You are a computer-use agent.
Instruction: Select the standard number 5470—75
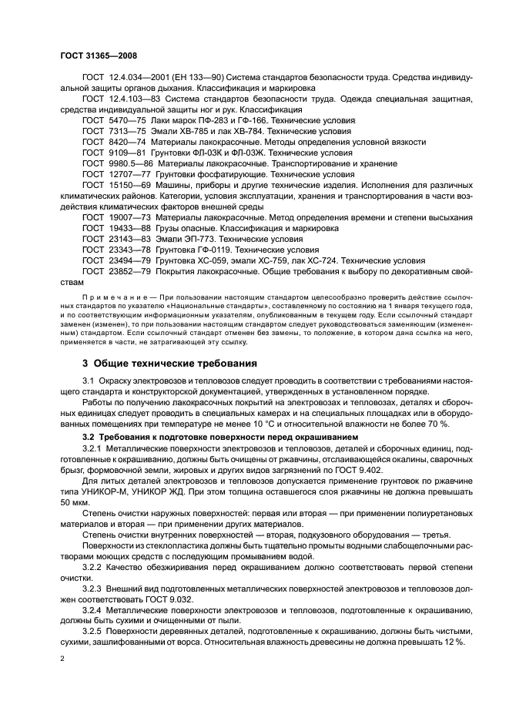[x=129, y=121]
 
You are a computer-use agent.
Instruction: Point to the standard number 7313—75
[x=129, y=132]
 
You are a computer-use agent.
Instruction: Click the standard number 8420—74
[x=129, y=143]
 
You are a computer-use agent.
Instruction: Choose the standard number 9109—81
[x=129, y=153]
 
